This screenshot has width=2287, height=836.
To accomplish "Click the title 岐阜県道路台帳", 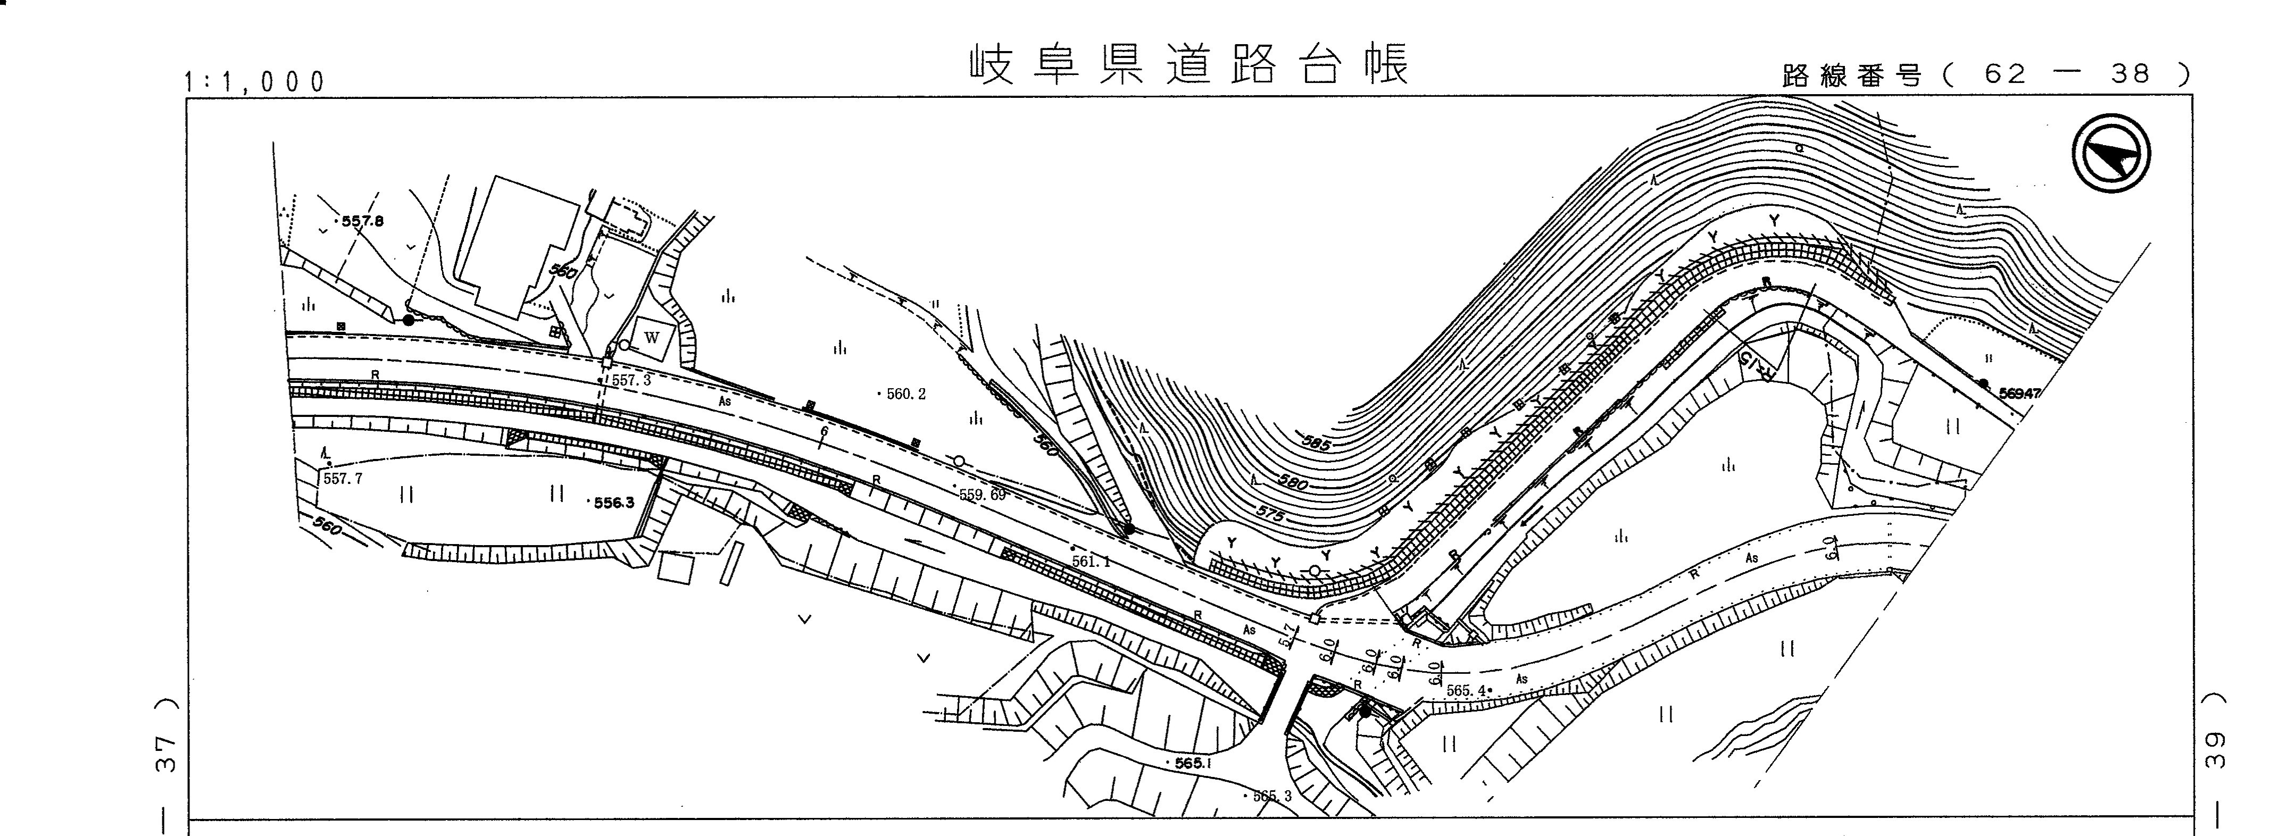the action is pos(1190,64).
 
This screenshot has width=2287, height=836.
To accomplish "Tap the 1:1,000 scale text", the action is pos(255,82).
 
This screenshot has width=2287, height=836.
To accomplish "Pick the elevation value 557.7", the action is pos(343,478).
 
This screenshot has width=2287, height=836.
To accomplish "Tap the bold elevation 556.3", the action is pos(613,503).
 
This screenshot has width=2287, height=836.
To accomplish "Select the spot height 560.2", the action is pos(905,394).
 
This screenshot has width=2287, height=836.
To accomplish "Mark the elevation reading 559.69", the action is pos(982,495).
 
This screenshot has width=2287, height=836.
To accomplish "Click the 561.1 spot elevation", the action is pos(1091,561).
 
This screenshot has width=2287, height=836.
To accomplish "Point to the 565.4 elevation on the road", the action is pos(1465,690).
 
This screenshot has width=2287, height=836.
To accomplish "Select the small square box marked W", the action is pos(653,337).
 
